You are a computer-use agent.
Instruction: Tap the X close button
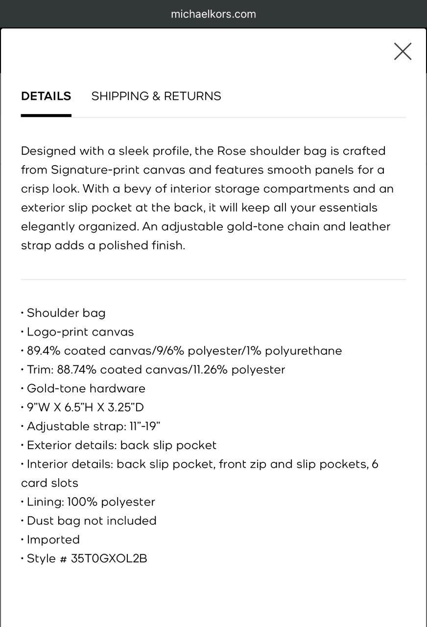click(403, 51)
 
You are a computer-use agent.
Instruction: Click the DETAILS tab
click(46, 96)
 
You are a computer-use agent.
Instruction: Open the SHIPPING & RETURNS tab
click(156, 96)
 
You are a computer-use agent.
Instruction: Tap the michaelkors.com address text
click(213, 14)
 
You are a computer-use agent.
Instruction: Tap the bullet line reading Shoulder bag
click(66, 313)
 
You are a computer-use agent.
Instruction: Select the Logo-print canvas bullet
click(80, 332)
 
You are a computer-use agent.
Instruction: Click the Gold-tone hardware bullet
click(86, 388)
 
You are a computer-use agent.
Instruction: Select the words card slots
click(49, 483)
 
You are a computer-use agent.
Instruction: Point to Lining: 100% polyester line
click(91, 502)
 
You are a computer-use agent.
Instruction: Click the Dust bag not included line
click(92, 521)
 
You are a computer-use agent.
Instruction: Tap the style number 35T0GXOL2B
click(109, 558)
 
